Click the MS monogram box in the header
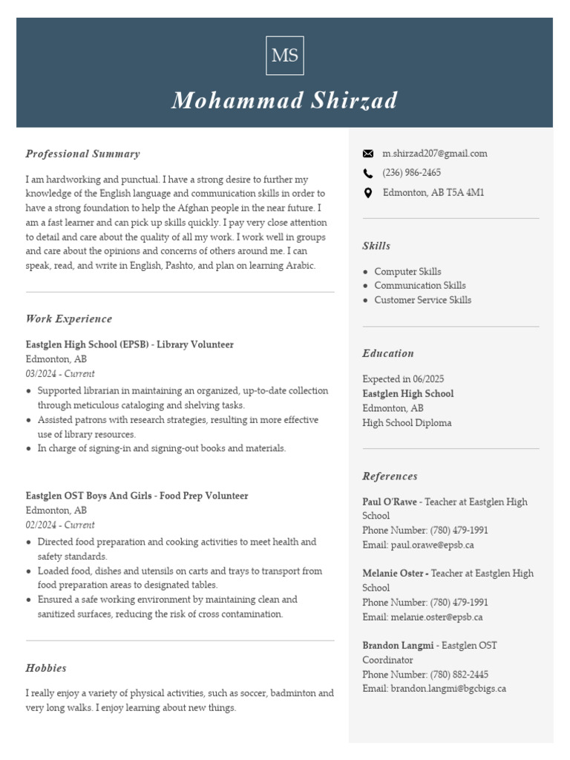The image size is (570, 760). pos(284,56)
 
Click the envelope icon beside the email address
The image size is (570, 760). pos(368,154)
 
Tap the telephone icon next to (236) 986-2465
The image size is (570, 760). pos(368,173)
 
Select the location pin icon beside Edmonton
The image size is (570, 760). pos(368,193)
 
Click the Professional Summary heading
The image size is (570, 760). pos(82,154)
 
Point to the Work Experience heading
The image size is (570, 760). pos(69,319)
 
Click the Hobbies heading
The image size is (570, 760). pos(46,668)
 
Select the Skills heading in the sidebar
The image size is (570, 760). pos(376,246)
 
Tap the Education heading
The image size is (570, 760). pos(388,353)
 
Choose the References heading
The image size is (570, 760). pos(390,476)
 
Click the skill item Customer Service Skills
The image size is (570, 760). pos(422,300)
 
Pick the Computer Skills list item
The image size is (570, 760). pos(407,272)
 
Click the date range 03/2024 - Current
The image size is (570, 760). pos(60,374)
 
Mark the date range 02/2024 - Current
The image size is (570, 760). pos(60,525)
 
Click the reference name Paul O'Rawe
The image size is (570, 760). pos(390,502)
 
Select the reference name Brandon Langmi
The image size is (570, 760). pos(399,646)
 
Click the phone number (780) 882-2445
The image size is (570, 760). pos(459,675)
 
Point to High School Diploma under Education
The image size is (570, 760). pos(407,423)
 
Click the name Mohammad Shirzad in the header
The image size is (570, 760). pos(284,101)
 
